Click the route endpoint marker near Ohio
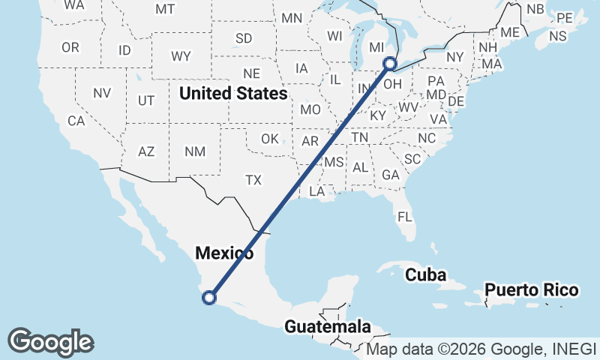click(x=389, y=64)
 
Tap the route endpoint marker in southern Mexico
click(x=209, y=298)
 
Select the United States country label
click(x=233, y=94)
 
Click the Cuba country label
click(x=425, y=275)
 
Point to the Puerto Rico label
click(x=531, y=290)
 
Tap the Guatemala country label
click(x=328, y=327)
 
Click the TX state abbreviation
click(x=253, y=180)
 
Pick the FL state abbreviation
click(x=405, y=217)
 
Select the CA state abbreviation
click(x=76, y=120)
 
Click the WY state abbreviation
click(x=181, y=56)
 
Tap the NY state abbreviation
click(x=455, y=57)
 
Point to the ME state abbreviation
click(x=510, y=32)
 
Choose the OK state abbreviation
click(x=270, y=139)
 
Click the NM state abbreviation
click(x=195, y=151)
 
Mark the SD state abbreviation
click(x=244, y=38)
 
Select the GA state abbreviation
click(x=390, y=175)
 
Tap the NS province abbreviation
click(x=557, y=35)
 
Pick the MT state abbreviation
click(x=165, y=9)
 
